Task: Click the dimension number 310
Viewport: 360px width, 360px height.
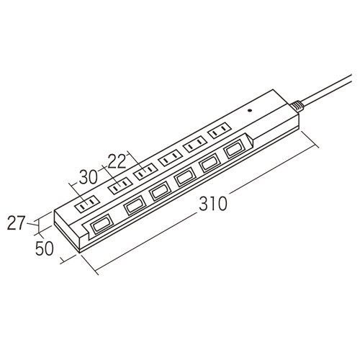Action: (x=213, y=204)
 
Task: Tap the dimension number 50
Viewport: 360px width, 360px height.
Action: (x=45, y=248)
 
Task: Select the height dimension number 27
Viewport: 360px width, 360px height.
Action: (x=16, y=223)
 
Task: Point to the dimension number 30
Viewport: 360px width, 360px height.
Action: (x=89, y=177)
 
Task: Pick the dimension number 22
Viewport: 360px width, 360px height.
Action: (x=117, y=161)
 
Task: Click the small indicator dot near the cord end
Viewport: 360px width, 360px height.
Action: (x=250, y=111)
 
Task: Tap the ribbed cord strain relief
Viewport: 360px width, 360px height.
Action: (x=297, y=106)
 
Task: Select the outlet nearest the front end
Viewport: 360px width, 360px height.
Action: (x=87, y=204)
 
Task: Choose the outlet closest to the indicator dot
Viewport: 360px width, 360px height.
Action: (x=220, y=130)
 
